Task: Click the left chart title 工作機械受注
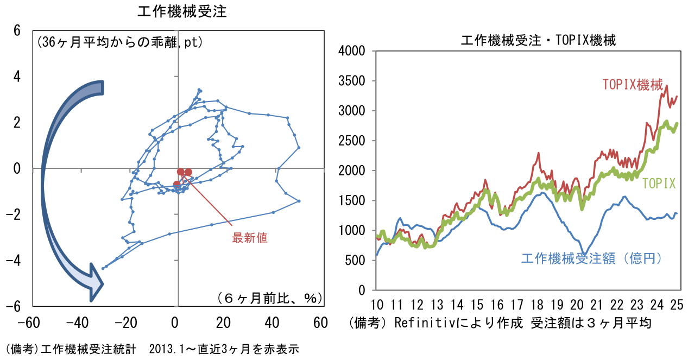point(182,11)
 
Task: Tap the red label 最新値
point(250,237)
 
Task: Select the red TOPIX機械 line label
point(633,85)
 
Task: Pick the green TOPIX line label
point(659,184)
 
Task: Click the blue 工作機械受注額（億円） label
point(592,258)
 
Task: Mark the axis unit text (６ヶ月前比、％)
point(269,298)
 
